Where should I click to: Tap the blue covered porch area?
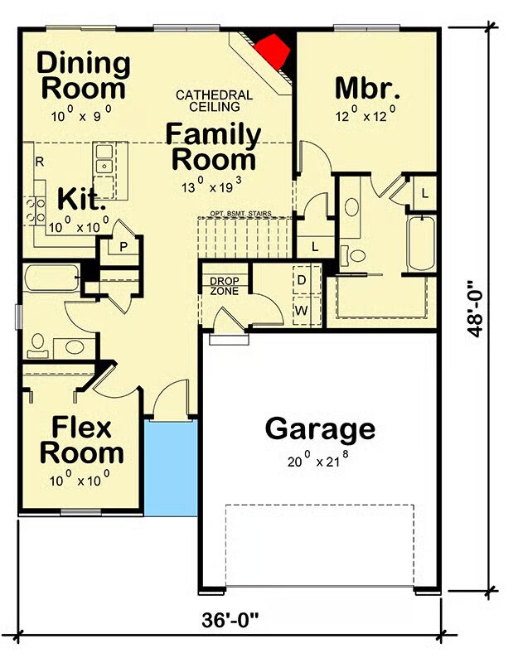171,468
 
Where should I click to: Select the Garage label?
320,428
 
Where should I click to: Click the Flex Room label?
82,440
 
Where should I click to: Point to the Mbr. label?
367,88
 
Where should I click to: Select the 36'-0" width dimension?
230,620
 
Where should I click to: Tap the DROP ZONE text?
225,286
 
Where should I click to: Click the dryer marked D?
302,280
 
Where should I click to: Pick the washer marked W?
302,311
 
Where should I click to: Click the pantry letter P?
123,247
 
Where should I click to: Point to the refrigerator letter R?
40,162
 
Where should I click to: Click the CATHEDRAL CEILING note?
214,101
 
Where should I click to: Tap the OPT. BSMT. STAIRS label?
240,214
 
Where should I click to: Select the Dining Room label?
84,75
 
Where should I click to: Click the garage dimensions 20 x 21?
318,459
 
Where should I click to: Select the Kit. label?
81,199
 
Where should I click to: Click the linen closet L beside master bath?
425,193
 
